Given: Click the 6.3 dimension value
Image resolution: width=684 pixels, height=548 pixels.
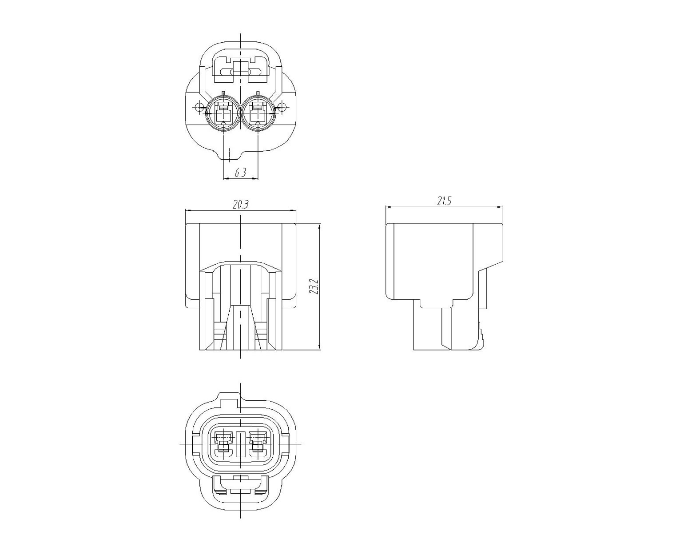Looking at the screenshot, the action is tap(241, 173).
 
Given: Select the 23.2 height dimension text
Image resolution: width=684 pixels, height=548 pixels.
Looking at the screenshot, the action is tap(315, 286).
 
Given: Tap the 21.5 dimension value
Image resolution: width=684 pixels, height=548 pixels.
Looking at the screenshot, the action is tap(444, 201).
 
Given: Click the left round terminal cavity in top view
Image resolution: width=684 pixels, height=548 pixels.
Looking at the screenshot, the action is tap(224, 113).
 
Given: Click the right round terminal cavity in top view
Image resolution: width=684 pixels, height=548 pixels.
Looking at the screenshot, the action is tap(258, 113).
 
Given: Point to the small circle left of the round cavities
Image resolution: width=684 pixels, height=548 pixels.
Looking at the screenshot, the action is tap(199, 107).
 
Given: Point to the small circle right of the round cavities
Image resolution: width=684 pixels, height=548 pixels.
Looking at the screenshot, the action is tap(282, 107).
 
